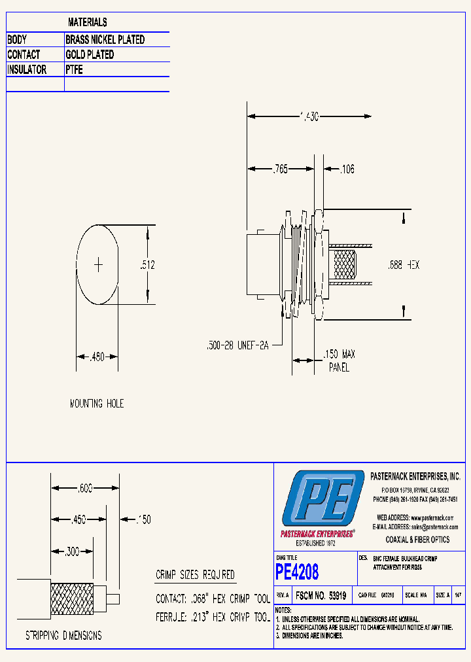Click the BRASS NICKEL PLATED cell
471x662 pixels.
pyautogui.click(x=105, y=40)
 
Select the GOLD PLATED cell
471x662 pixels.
pyautogui.click(x=90, y=55)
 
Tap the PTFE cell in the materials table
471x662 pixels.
pyautogui.click(x=75, y=70)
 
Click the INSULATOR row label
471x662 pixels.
pyautogui.click(x=27, y=70)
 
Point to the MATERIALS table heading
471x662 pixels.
pyautogui.click(x=88, y=23)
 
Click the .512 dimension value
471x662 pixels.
pyautogui.click(x=147, y=265)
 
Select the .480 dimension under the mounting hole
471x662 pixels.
pyautogui.click(x=98, y=357)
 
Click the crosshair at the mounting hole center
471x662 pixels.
pyautogui.click(x=99, y=265)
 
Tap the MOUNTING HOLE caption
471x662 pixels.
pyautogui.click(x=97, y=404)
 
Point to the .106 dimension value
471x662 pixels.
pyautogui.click(x=347, y=169)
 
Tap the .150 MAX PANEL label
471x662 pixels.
pyautogui.click(x=339, y=360)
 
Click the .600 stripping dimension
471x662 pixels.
pyautogui.click(x=85, y=488)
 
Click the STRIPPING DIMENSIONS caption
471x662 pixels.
pyautogui.click(x=63, y=635)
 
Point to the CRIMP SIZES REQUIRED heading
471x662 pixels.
pyautogui.click(x=195, y=575)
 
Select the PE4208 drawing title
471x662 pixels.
pyautogui.click(x=297, y=572)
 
